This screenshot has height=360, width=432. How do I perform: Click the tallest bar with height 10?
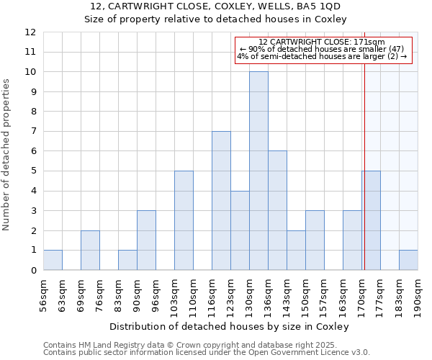[x=258, y=171]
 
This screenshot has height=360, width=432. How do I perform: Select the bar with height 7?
[x=221, y=201]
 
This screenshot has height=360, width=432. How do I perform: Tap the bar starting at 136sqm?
[x=277, y=210]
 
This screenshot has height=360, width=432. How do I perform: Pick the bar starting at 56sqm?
[x=53, y=260]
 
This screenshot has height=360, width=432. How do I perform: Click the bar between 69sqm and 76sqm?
[x=90, y=250]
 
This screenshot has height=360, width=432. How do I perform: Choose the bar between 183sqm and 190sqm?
[x=408, y=260]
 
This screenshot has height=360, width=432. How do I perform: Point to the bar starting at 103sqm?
[x=184, y=220]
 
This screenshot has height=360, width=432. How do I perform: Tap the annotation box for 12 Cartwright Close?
[x=323, y=50]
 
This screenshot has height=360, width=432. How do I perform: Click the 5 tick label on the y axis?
[x=33, y=171]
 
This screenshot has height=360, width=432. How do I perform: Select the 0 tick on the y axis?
[x=33, y=271]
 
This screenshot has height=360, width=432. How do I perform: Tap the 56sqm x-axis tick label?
[x=43, y=294]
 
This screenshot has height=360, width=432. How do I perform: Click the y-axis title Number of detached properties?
[x=7, y=155]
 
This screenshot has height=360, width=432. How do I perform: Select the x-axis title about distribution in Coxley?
[x=230, y=326]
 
